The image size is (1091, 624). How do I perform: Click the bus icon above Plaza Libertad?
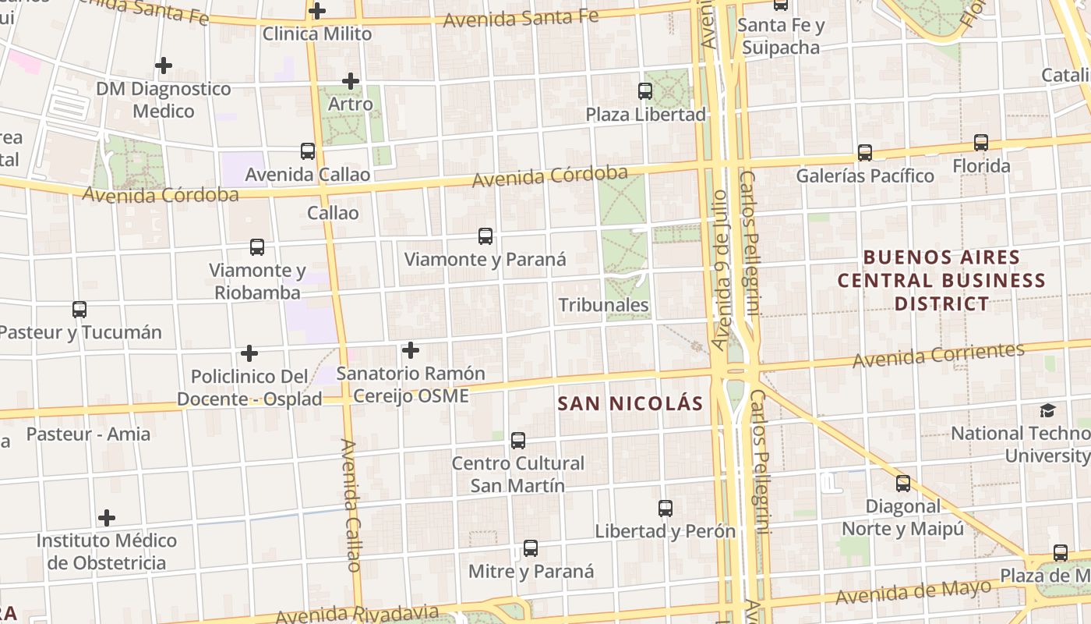pos(645,91)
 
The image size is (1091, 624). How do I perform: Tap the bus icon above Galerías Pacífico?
pos(865,153)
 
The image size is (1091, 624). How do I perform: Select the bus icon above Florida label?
pos(981,143)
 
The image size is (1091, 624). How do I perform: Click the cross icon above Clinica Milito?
pos(317,11)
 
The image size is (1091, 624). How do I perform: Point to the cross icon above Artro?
pos(351,80)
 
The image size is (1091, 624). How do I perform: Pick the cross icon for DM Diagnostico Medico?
pos(164,66)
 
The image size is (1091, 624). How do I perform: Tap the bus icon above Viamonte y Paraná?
pos(485,236)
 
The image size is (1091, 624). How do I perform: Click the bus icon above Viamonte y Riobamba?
pos(257,247)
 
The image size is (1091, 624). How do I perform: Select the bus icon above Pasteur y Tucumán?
pos(79,310)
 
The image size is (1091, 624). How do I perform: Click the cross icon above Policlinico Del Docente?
pos(249,353)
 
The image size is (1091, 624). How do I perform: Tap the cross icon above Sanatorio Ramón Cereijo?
pos(411,350)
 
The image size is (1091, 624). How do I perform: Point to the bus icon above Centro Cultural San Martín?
pos(518,441)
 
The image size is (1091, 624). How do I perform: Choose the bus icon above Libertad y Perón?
pos(666,509)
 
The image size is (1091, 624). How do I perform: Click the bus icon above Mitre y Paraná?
pos(531,548)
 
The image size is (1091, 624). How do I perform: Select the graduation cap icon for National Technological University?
pos(1047,410)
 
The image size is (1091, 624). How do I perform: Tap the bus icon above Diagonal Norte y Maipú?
pos(903,484)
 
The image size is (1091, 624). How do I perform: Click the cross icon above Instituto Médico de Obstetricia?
pos(107,517)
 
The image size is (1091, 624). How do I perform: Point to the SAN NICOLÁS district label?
pos(631,404)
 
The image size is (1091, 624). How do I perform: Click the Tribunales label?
pos(604,305)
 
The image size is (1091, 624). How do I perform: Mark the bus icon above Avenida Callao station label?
pos(308,151)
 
